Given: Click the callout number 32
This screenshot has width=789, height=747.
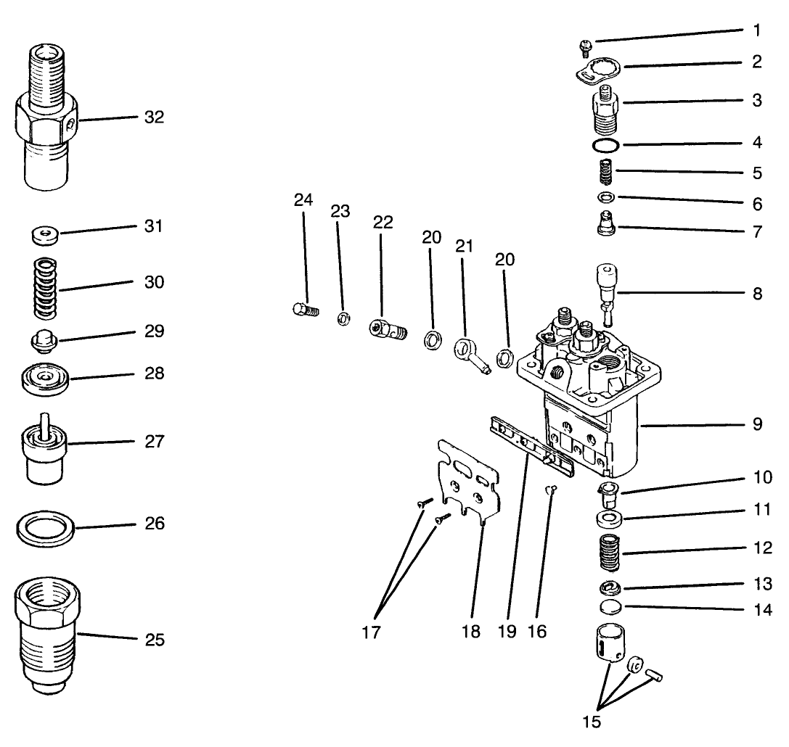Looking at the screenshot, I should [x=154, y=117].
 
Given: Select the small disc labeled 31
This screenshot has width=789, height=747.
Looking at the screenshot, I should [x=45, y=235].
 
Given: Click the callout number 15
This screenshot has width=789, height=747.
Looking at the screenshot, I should [x=592, y=722].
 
